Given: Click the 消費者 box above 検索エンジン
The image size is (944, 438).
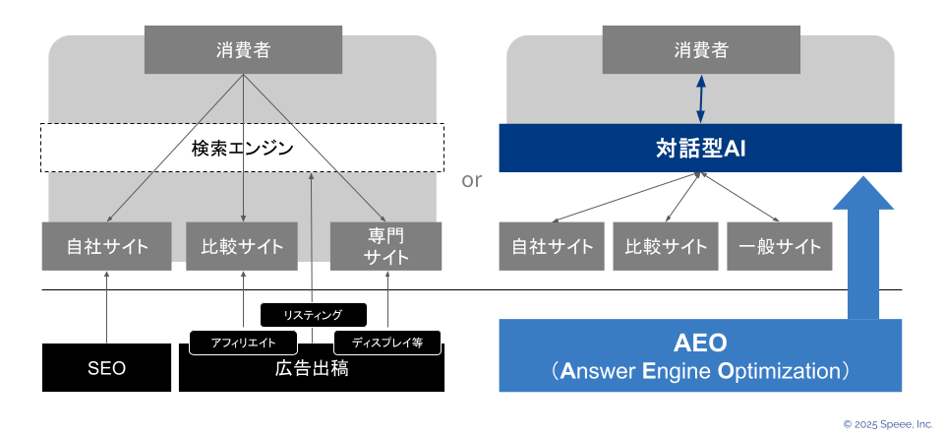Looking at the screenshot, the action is pos(243,49).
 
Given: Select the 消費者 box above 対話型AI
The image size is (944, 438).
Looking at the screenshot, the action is pos(701,49).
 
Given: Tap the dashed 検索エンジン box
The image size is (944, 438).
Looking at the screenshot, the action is pos(242,148).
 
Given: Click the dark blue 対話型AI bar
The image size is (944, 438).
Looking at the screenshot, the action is pos(700,149).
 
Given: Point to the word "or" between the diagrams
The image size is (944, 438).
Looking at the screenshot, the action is pos(471,179).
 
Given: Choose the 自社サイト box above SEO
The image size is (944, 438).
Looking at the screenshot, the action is pos(106,246).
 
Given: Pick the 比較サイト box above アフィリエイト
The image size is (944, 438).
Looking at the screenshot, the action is pos(242,246).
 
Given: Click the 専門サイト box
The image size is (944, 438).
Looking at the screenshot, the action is pos(385,246).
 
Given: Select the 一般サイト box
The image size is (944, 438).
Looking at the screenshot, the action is pos(780,246).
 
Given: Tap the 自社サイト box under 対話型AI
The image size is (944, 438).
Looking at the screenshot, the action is pos(552,246).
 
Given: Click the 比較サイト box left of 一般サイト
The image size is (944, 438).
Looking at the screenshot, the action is pos(666,246).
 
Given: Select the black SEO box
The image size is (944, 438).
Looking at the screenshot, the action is pos(106,367).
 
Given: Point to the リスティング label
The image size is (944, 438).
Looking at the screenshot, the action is pos(313,315).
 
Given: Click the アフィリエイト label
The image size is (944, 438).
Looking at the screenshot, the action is pos(243,343).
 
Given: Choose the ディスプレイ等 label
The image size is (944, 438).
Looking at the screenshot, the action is pos(387,343).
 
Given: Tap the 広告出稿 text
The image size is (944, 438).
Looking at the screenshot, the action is pos(312,369).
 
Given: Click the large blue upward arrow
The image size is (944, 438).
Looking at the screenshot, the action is pos(863,248).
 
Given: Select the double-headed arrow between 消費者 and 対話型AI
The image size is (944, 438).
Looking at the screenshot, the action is pos(700,98).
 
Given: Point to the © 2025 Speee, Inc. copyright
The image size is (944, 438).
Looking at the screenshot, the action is pos(888,424).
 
